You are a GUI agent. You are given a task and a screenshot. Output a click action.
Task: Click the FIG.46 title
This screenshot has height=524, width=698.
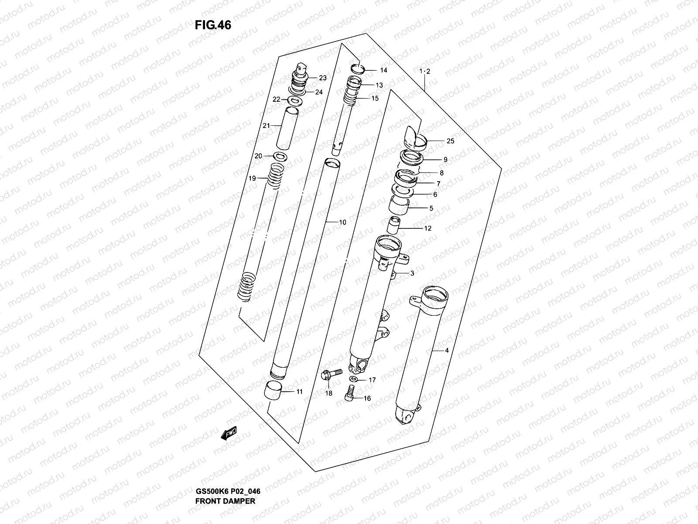click(213, 25)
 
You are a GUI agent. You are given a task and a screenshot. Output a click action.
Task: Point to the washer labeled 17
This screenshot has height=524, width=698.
click(353, 379)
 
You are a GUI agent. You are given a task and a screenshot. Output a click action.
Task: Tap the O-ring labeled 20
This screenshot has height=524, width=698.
click(280, 156)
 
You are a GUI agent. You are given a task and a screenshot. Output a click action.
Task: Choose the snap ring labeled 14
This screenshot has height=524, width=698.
click(358, 68)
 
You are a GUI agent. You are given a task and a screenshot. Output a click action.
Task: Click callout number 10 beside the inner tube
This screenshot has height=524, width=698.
click(342, 222)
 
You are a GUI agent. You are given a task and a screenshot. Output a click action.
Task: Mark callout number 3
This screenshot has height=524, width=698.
click(411, 273)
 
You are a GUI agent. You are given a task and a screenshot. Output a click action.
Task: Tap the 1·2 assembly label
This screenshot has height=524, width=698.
click(424, 72)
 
